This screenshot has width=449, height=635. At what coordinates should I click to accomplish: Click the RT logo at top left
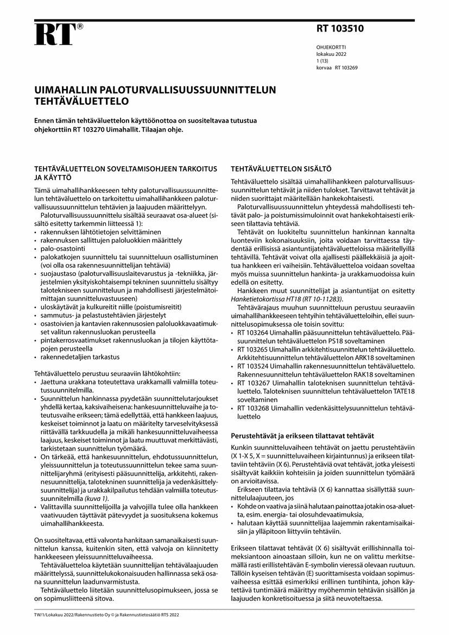[54, 35]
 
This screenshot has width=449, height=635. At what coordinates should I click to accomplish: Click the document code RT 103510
[340, 29]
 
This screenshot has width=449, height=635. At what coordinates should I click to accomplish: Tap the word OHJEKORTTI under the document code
[331, 48]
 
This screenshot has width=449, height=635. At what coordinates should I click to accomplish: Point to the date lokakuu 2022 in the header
[331, 54]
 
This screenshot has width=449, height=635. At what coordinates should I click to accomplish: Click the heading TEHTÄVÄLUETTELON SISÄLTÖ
[281, 169]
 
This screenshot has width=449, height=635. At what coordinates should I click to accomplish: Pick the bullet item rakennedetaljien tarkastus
[80, 357]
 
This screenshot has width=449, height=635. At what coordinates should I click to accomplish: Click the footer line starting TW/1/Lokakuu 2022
[106, 614]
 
